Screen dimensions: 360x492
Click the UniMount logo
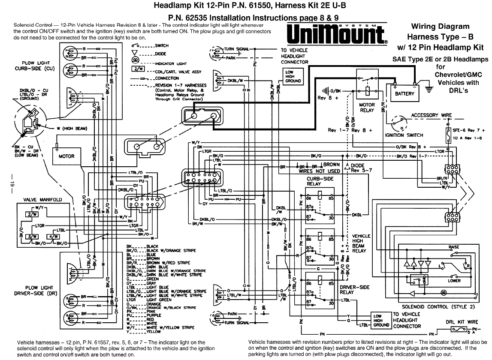[x=336, y=35]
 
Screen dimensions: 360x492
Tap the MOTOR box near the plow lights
[x=66, y=156]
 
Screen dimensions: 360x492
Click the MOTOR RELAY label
[x=367, y=108]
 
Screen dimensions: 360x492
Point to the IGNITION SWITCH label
[x=404, y=135]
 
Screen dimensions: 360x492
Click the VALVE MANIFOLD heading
[x=42, y=200]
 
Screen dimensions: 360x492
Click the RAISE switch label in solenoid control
[x=453, y=248]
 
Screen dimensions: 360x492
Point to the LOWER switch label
[x=454, y=281]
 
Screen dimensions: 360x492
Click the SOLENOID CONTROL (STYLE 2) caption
[x=432, y=307]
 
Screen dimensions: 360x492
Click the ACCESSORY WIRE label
[x=431, y=115]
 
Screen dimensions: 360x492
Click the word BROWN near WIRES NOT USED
[x=331, y=165]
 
